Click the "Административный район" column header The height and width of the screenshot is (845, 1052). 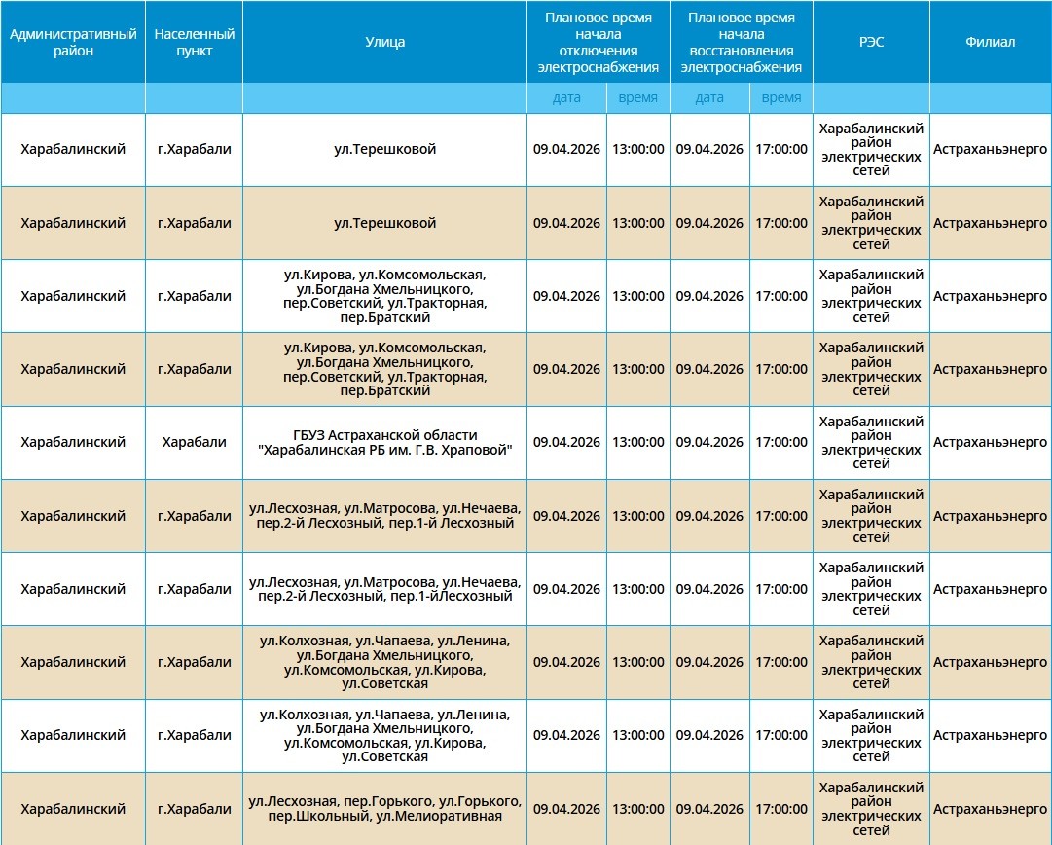(73, 42)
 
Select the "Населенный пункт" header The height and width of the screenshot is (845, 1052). (194, 42)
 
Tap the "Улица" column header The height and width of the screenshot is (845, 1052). (384, 42)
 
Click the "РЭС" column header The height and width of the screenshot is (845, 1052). (871, 42)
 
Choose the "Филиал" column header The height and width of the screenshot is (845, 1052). (990, 42)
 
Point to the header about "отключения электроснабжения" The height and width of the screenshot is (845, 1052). (598, 42)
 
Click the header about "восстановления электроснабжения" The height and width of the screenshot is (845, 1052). (741, 42)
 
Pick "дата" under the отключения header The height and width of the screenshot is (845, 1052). (566, 97)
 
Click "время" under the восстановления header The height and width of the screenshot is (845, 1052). (780, 97)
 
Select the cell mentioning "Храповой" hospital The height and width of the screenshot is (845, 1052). (384, 442)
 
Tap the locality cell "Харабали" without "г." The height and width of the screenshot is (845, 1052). (194, 442)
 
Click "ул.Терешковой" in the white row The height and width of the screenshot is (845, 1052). (384, 149)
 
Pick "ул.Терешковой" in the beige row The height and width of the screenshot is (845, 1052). (384, 223)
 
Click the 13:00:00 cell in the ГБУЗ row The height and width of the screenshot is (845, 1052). (638, 442)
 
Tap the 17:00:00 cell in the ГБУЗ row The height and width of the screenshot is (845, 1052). (780, 442)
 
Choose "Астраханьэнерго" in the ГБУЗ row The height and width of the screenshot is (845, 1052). (990, 442)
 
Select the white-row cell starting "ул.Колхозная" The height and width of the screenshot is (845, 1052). (384, 735)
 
